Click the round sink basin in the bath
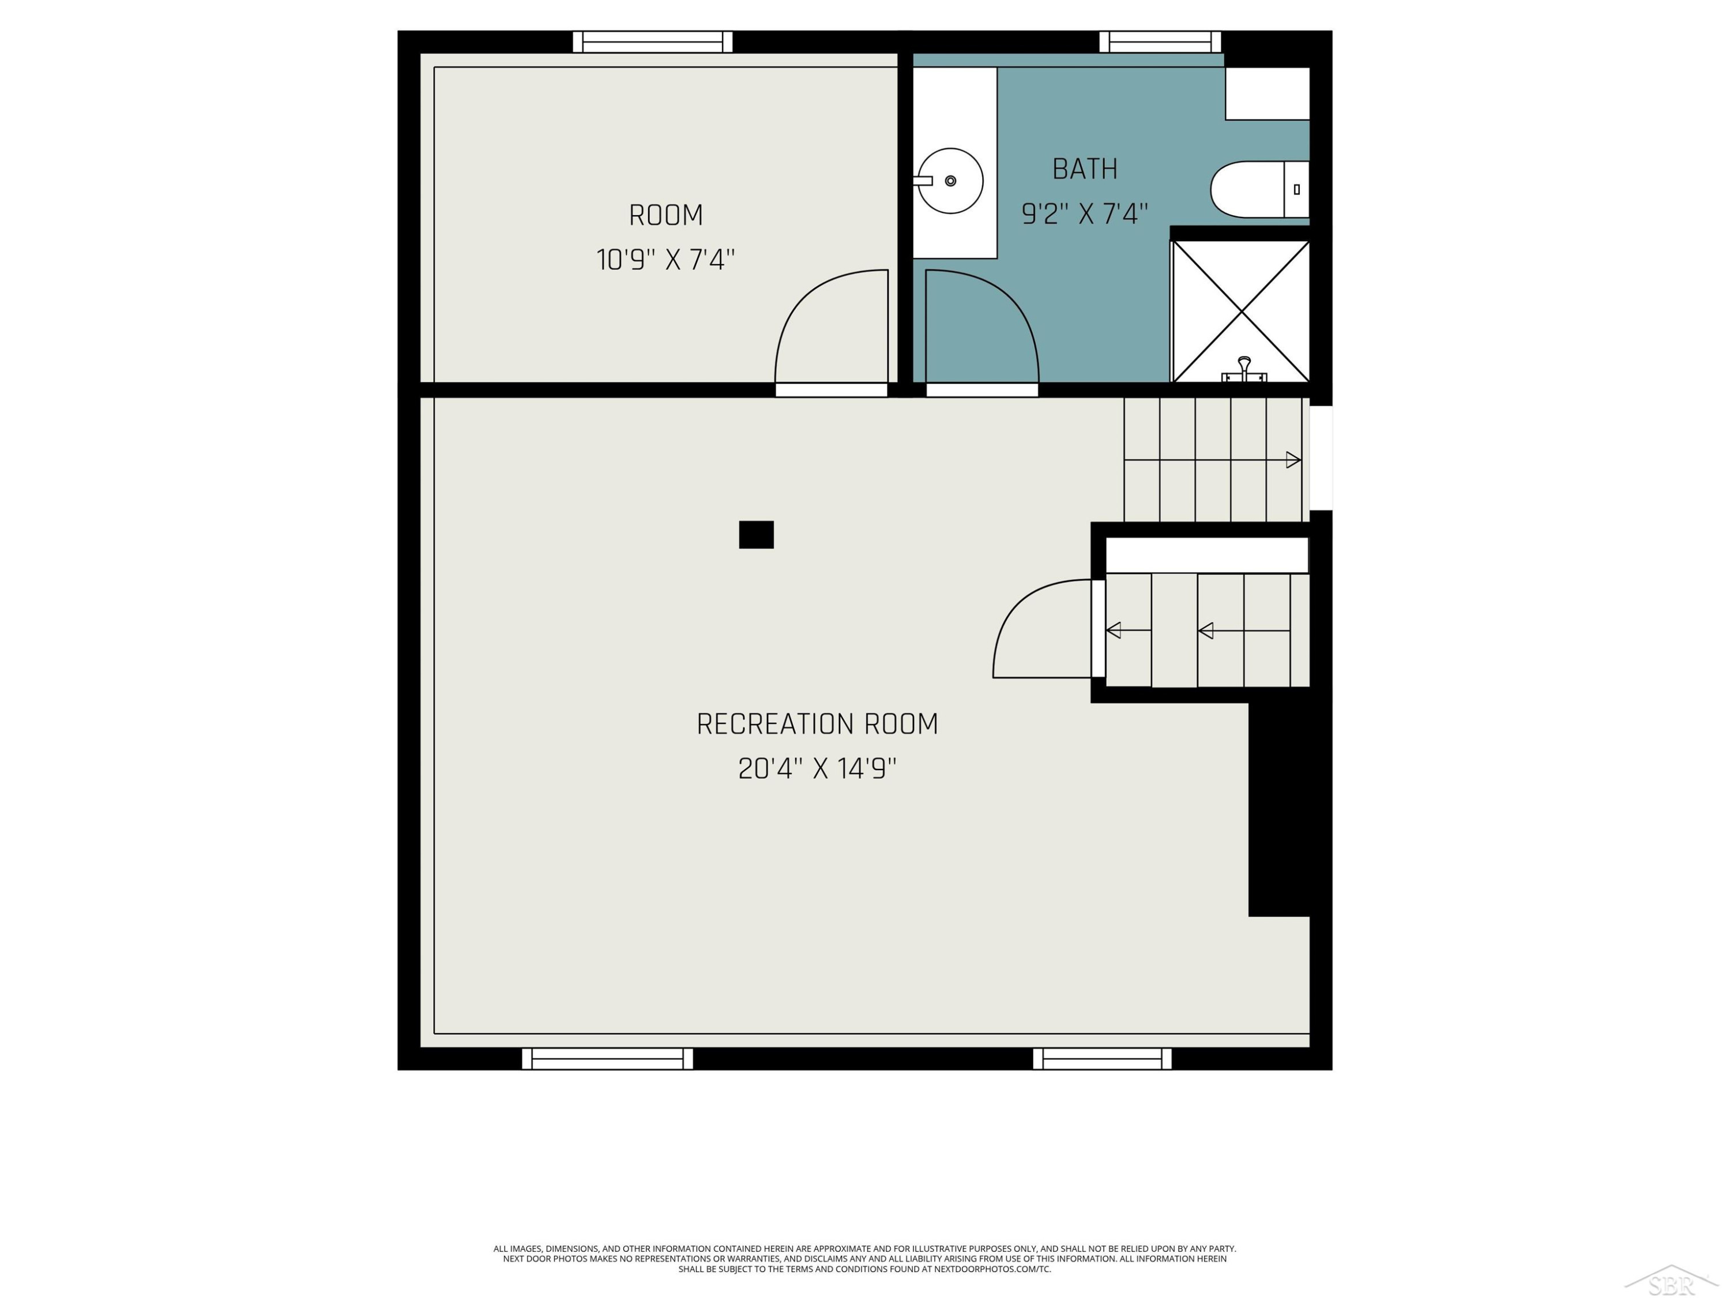point(950,181)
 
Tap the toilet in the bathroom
point(1259,189)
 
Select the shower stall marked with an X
point(1241,312)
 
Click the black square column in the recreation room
point(756,534)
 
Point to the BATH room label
point(1085,169)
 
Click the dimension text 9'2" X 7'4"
point(1085,213)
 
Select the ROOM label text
point(665,215)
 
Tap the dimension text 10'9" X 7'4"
point(665,259)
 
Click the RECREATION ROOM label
point(817,724)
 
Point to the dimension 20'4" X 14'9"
point(817,768)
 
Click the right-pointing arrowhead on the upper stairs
point(1293,460)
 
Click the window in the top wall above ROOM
point(652,42)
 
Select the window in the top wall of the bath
point(1160,42)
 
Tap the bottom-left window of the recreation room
point(608,1059)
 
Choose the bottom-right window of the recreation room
point(1102,1059)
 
